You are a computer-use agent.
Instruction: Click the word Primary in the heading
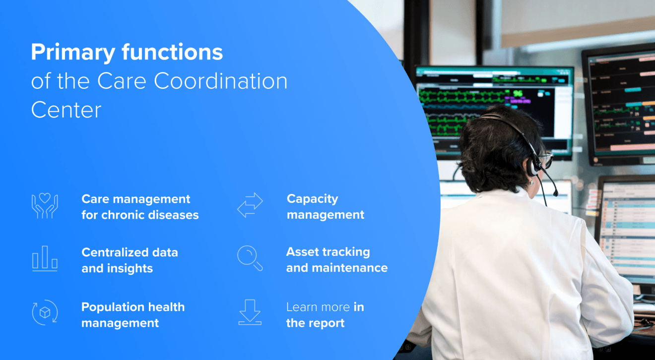[73, 53]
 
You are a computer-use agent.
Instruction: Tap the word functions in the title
[172, 52]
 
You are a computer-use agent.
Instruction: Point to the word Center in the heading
[66, 110]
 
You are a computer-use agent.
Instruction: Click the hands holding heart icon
[45, 206]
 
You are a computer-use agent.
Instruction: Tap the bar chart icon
[45, 259]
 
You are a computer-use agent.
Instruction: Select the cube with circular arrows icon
[45, 313]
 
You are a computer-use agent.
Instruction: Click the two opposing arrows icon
[250, 205]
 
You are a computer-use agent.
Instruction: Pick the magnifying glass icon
[250, 258]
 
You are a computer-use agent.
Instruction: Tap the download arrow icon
[250, 312]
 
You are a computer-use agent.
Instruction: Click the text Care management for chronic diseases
[140, 207]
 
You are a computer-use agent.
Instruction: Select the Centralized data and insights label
[130, 260]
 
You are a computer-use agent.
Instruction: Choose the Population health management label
[133, 315]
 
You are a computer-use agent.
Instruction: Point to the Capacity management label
[326, 207]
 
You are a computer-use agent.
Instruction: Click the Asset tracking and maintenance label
[337, 260]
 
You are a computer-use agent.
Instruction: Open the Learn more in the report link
[325, 315]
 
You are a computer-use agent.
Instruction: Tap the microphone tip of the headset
[555, 193]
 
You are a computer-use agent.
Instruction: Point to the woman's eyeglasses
[546, 160]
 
